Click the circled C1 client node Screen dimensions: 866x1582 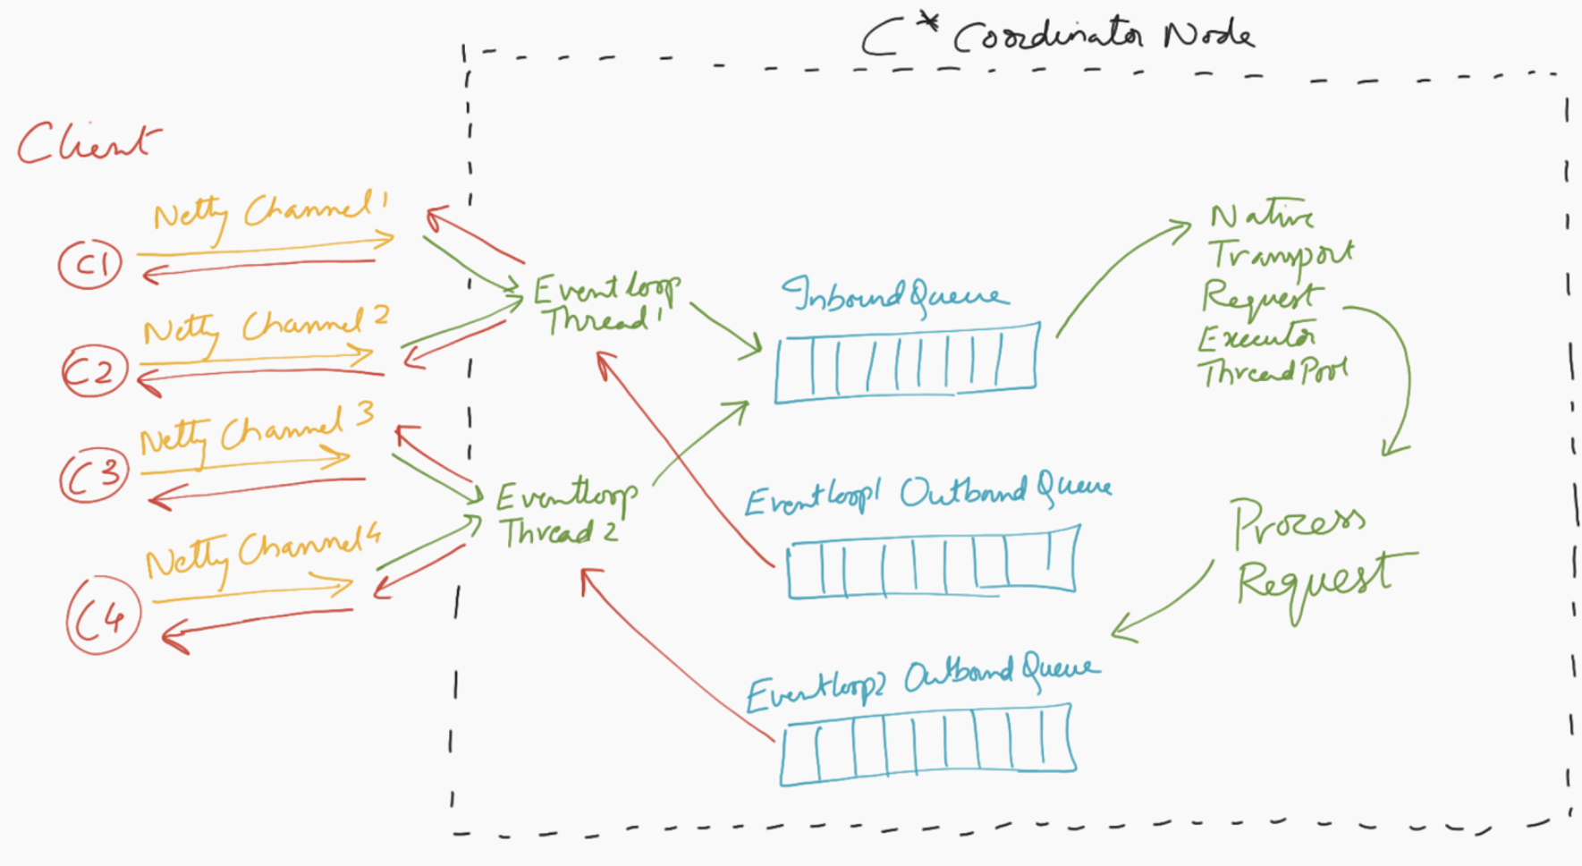coord(90,265)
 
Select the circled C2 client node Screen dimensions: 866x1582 coord(95,371)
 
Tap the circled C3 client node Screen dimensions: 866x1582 coord(95,475)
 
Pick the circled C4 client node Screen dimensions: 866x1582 coord(104,616)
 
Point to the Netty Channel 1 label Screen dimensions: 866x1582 coord(268,212)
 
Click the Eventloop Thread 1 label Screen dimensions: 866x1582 coord(605,304)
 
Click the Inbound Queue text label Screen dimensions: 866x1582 coord(894,295)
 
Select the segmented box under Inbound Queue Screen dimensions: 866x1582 coord(907,362)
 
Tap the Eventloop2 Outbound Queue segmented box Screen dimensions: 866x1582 coord(927,743)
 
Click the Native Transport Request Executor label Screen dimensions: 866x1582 coord(1274,295)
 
